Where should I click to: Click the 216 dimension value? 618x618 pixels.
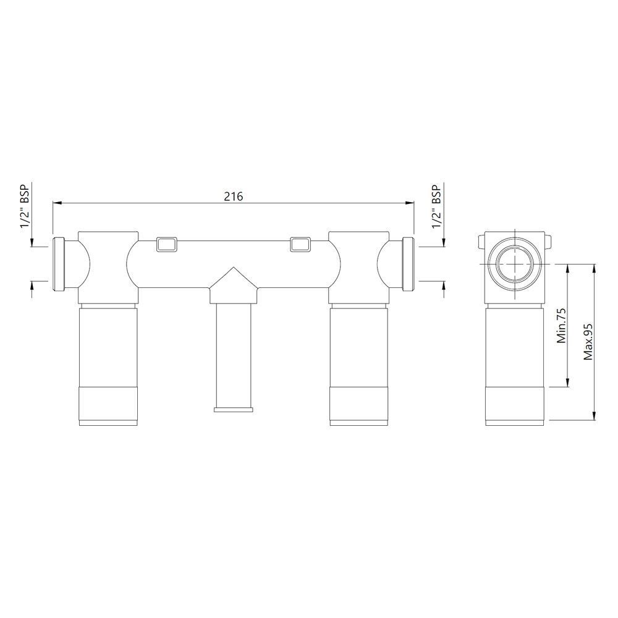233,196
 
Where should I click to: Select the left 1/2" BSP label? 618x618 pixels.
25,206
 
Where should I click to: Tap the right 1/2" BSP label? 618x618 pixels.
436,206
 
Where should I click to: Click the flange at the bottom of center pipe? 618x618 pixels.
233,408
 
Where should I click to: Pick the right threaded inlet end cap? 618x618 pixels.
407,264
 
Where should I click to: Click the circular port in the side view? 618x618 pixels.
514,265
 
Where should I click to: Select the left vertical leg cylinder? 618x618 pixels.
109,365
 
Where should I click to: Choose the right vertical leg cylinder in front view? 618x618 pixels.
358,365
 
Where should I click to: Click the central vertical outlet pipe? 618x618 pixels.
233,352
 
